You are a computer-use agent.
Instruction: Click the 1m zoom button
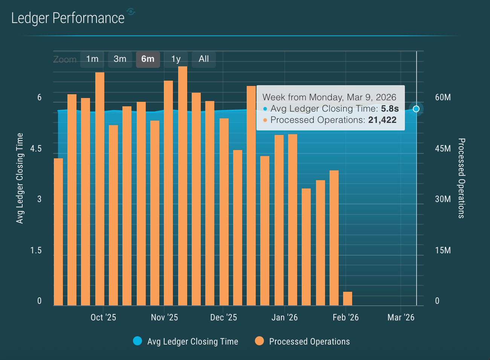[92, 59]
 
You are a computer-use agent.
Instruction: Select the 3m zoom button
[120, 59]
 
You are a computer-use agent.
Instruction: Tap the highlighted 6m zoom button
[148, 59]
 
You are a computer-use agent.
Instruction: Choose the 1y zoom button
[176, 59]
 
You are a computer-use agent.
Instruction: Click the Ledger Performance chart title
[68, 18]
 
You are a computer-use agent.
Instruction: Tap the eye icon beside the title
[131, 12]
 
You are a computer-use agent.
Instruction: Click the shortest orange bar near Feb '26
[348, 298]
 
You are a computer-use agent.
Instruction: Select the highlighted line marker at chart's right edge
[416, 109]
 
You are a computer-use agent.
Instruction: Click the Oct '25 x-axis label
[103, 317]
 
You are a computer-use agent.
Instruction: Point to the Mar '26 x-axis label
[401, 317]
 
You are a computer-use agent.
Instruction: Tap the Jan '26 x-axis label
[284, 317]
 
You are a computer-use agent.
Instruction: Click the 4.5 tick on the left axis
[36, 149]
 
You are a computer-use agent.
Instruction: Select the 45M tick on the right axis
[443, 149]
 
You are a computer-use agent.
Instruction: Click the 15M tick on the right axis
[443, 250]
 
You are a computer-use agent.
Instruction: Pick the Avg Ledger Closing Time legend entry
[186, 342]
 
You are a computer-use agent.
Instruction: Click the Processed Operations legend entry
[302, 342]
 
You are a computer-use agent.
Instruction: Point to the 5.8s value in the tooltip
[390, 109]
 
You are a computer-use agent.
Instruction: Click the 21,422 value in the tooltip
[382, 120]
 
